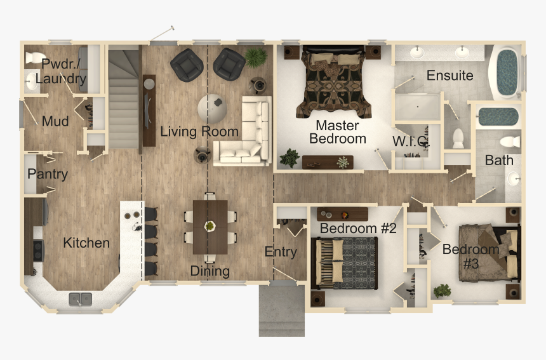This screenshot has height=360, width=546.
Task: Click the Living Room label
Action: click(x=199, y=132)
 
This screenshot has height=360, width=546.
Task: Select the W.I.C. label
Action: click(x=411, y=141)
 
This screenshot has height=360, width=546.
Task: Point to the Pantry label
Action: click(x=48, y=174)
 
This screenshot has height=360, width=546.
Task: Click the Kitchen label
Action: click(x=86, y=243)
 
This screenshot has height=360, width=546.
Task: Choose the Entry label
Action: click(x=281, y=252)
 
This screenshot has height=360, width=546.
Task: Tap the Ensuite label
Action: click(x=449, y=76)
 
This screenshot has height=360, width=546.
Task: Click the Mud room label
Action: click(x=55, y=121)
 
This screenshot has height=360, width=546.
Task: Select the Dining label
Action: click(x=210, y=272)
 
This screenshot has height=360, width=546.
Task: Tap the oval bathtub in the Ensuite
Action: click(x=506, y=73)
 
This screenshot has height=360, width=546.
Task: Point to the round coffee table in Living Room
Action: click(x=211, y=108)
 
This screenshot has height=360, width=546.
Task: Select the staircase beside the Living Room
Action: click(x=124, y=100)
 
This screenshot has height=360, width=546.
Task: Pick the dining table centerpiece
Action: click(x=210, y=225)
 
